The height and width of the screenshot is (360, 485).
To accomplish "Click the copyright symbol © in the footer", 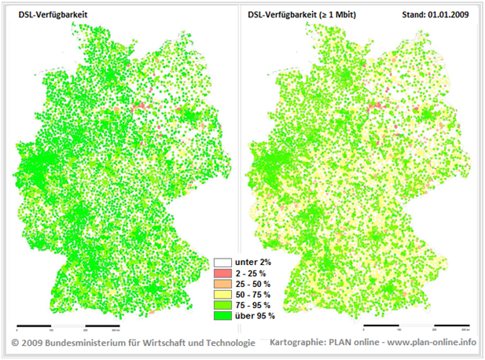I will tap(15, 343).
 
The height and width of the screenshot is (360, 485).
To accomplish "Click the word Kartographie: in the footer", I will tap(297, 343).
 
